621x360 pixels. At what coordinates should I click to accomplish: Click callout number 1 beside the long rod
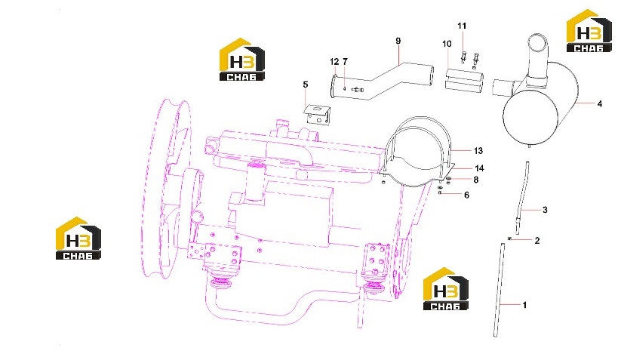point(524,305)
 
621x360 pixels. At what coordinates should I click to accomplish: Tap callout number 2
point(537,241)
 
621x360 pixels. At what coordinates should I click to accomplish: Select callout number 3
point(545,210)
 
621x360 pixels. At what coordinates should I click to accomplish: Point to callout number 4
point(600,103)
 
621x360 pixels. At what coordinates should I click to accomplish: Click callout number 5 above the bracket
point(306,85)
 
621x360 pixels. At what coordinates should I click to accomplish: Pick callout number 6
point(466,195)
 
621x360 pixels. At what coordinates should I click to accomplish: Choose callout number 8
point(476,180)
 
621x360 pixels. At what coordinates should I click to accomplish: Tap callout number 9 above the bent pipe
point(398,41)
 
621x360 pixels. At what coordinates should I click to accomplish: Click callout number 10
point(447,44)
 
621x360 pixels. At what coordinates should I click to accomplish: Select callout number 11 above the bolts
point(462,26)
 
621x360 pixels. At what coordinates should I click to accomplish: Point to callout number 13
point(478,151)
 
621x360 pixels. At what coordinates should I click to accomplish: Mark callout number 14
point(479,169)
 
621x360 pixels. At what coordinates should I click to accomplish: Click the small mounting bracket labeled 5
point(317,115)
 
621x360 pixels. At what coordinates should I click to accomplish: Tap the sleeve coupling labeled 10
point(463,81)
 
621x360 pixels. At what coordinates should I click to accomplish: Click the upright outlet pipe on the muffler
point(536,60)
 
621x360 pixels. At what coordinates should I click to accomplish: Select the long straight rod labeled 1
point(499,290)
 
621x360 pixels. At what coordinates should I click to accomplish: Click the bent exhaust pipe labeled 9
point(382,82)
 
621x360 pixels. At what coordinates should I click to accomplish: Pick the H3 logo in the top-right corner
point(589,31)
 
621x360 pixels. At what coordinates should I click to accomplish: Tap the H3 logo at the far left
point(78,238)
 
